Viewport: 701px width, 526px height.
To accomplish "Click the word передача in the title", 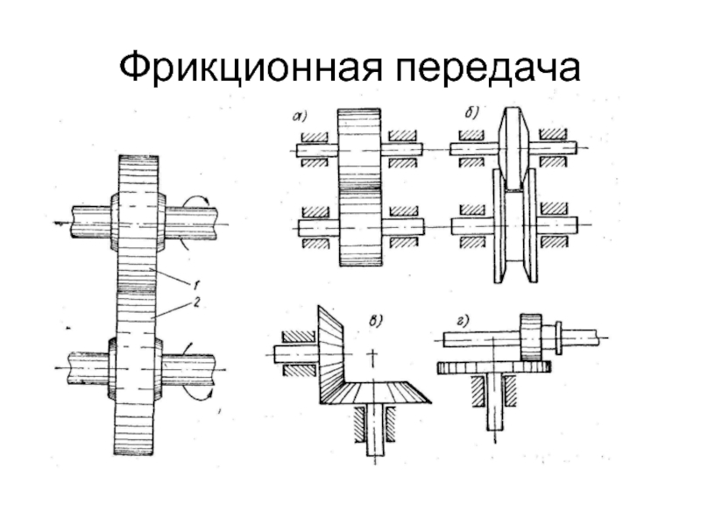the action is point(483,68).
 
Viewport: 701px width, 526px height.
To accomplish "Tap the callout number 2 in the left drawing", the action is point(199,302).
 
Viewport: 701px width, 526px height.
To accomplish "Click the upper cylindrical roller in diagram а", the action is point(361,149).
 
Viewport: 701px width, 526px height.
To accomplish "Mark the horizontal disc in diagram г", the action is point(493,366).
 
